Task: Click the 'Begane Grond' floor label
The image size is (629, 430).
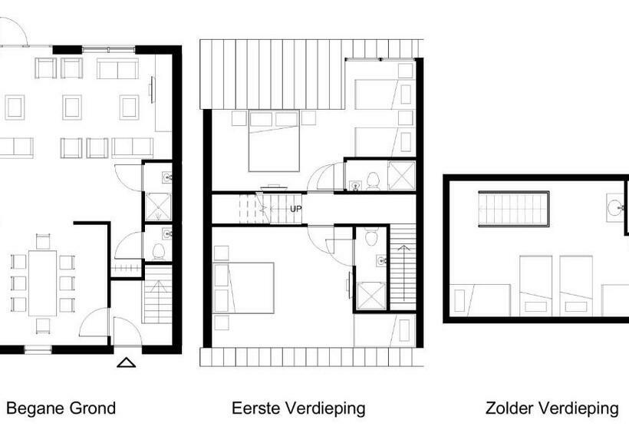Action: (61, 408)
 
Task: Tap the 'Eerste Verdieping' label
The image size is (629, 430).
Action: (298, 408)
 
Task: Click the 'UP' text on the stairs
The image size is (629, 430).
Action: (296, 208)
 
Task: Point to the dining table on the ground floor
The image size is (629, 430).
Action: (43, 283)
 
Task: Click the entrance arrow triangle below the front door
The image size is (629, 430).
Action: (127, 362)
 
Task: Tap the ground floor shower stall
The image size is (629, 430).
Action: (158, 205)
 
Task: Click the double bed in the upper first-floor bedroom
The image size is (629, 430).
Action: (273, 141)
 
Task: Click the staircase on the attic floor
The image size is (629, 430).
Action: (514, 209)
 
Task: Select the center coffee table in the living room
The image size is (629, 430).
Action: (72, 107)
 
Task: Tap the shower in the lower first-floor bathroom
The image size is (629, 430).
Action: (370, 296)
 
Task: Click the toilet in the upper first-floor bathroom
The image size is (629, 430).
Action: (374, 180)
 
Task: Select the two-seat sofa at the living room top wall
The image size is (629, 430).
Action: (117, 68)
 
